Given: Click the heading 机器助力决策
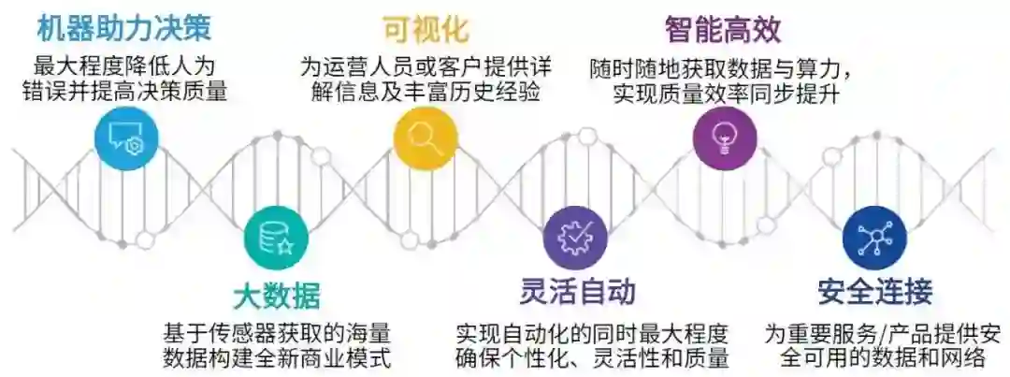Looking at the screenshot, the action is [x=123, y=27].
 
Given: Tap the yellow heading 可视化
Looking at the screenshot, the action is [x=425, y=27].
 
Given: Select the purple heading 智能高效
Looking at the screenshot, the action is [x=723, y=29].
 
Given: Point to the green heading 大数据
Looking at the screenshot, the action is [x=276, y=296].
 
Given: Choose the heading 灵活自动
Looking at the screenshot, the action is [x=578, y=292].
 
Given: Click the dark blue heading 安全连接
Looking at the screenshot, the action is [x=874, y=292].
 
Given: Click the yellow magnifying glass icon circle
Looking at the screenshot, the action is [x=426, y=138].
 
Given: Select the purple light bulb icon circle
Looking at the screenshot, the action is [x=725, y=138].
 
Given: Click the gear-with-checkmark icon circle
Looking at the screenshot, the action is [x=575, y=238].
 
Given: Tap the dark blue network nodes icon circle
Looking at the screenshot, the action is [x=874, y=238].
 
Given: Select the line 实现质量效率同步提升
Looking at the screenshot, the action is [x=725, y=94].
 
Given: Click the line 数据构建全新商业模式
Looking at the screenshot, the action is [x=276, y=357].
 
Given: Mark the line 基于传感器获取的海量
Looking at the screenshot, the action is [x=276, y=332].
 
